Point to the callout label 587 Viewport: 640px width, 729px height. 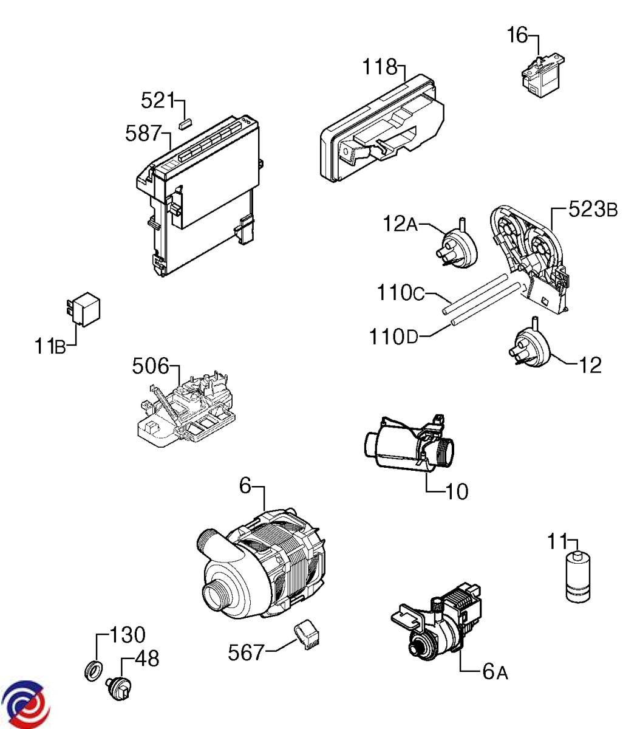click(143, 133)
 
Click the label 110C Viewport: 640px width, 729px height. click(403, 294)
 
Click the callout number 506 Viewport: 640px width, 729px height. click(150, 366)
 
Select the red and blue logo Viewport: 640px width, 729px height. click(25, 705)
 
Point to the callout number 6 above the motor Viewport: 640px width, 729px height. click(245, 486)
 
